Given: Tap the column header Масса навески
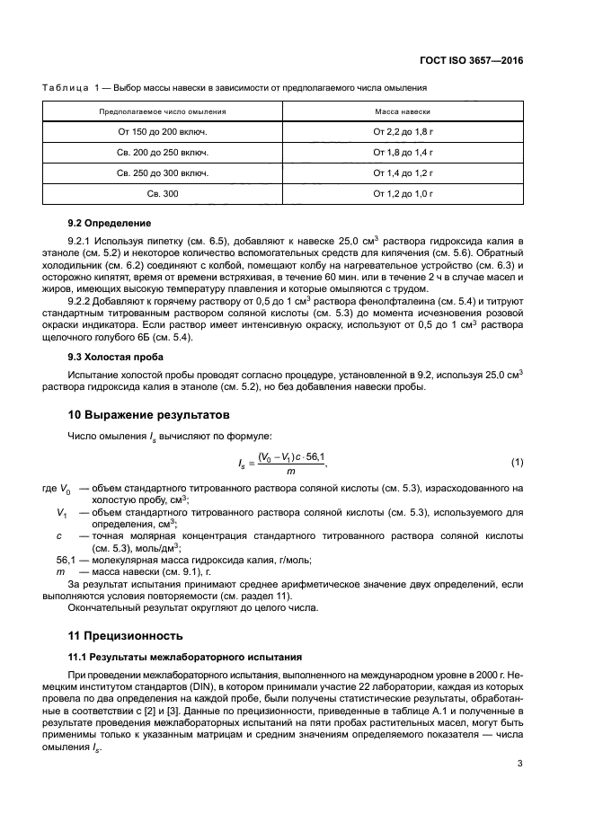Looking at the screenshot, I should pyautogui.click(x=403, y=111).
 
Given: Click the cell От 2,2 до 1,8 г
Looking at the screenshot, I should pyautogui.click(x=403, y=131).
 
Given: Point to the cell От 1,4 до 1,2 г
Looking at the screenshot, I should pyautogui.click(x=403, y=172).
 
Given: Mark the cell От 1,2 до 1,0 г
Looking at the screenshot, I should pyautogui.click(x=403, y=193).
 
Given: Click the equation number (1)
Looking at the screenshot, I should pyautogui.click(x=517, y=463).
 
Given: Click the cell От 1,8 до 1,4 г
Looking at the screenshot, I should pyautogui.click(x=403, y=152).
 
